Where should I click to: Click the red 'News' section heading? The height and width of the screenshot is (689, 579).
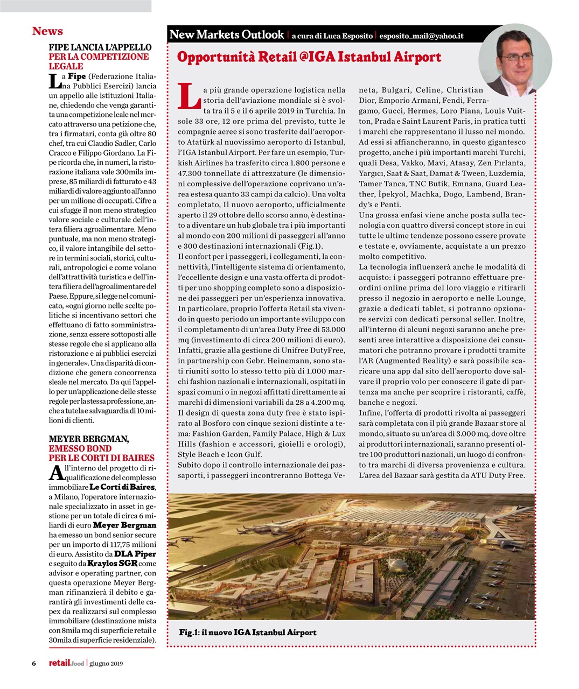[47, 31]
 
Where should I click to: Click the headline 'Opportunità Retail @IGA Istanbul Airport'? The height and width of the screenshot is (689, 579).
[309, 57]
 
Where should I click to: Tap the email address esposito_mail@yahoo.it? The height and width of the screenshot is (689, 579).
[421, 36]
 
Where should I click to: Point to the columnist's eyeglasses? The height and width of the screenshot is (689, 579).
[515, 55]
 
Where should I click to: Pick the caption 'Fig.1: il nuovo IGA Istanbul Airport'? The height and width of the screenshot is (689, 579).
[248, 632]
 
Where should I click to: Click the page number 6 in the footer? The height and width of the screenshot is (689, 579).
[34, 663]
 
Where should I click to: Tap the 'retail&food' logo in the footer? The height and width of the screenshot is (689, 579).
[66, 663]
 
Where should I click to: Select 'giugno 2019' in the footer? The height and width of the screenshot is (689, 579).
[106, 663]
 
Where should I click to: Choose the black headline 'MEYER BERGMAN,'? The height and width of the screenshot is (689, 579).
[89, 439]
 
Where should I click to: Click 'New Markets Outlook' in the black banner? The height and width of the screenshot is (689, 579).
[226, 35]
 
